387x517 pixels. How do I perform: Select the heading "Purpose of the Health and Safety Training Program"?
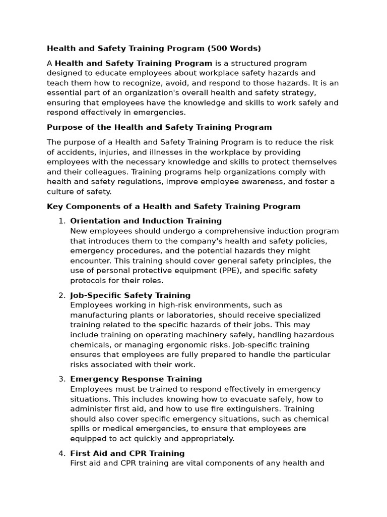pos(159,127)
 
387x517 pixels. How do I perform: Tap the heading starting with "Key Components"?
pos(173,206)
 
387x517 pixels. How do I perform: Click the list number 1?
pos(62,221)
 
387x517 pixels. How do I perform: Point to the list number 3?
pos(62,379)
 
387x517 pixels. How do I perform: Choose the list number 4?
pos(62,453)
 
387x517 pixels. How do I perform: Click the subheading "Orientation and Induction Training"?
pos(146,221)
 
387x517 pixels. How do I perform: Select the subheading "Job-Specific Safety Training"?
pos(130,295)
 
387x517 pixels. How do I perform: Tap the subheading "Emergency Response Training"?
pos(136,379)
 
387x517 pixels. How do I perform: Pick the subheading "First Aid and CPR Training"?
pos(127,453)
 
